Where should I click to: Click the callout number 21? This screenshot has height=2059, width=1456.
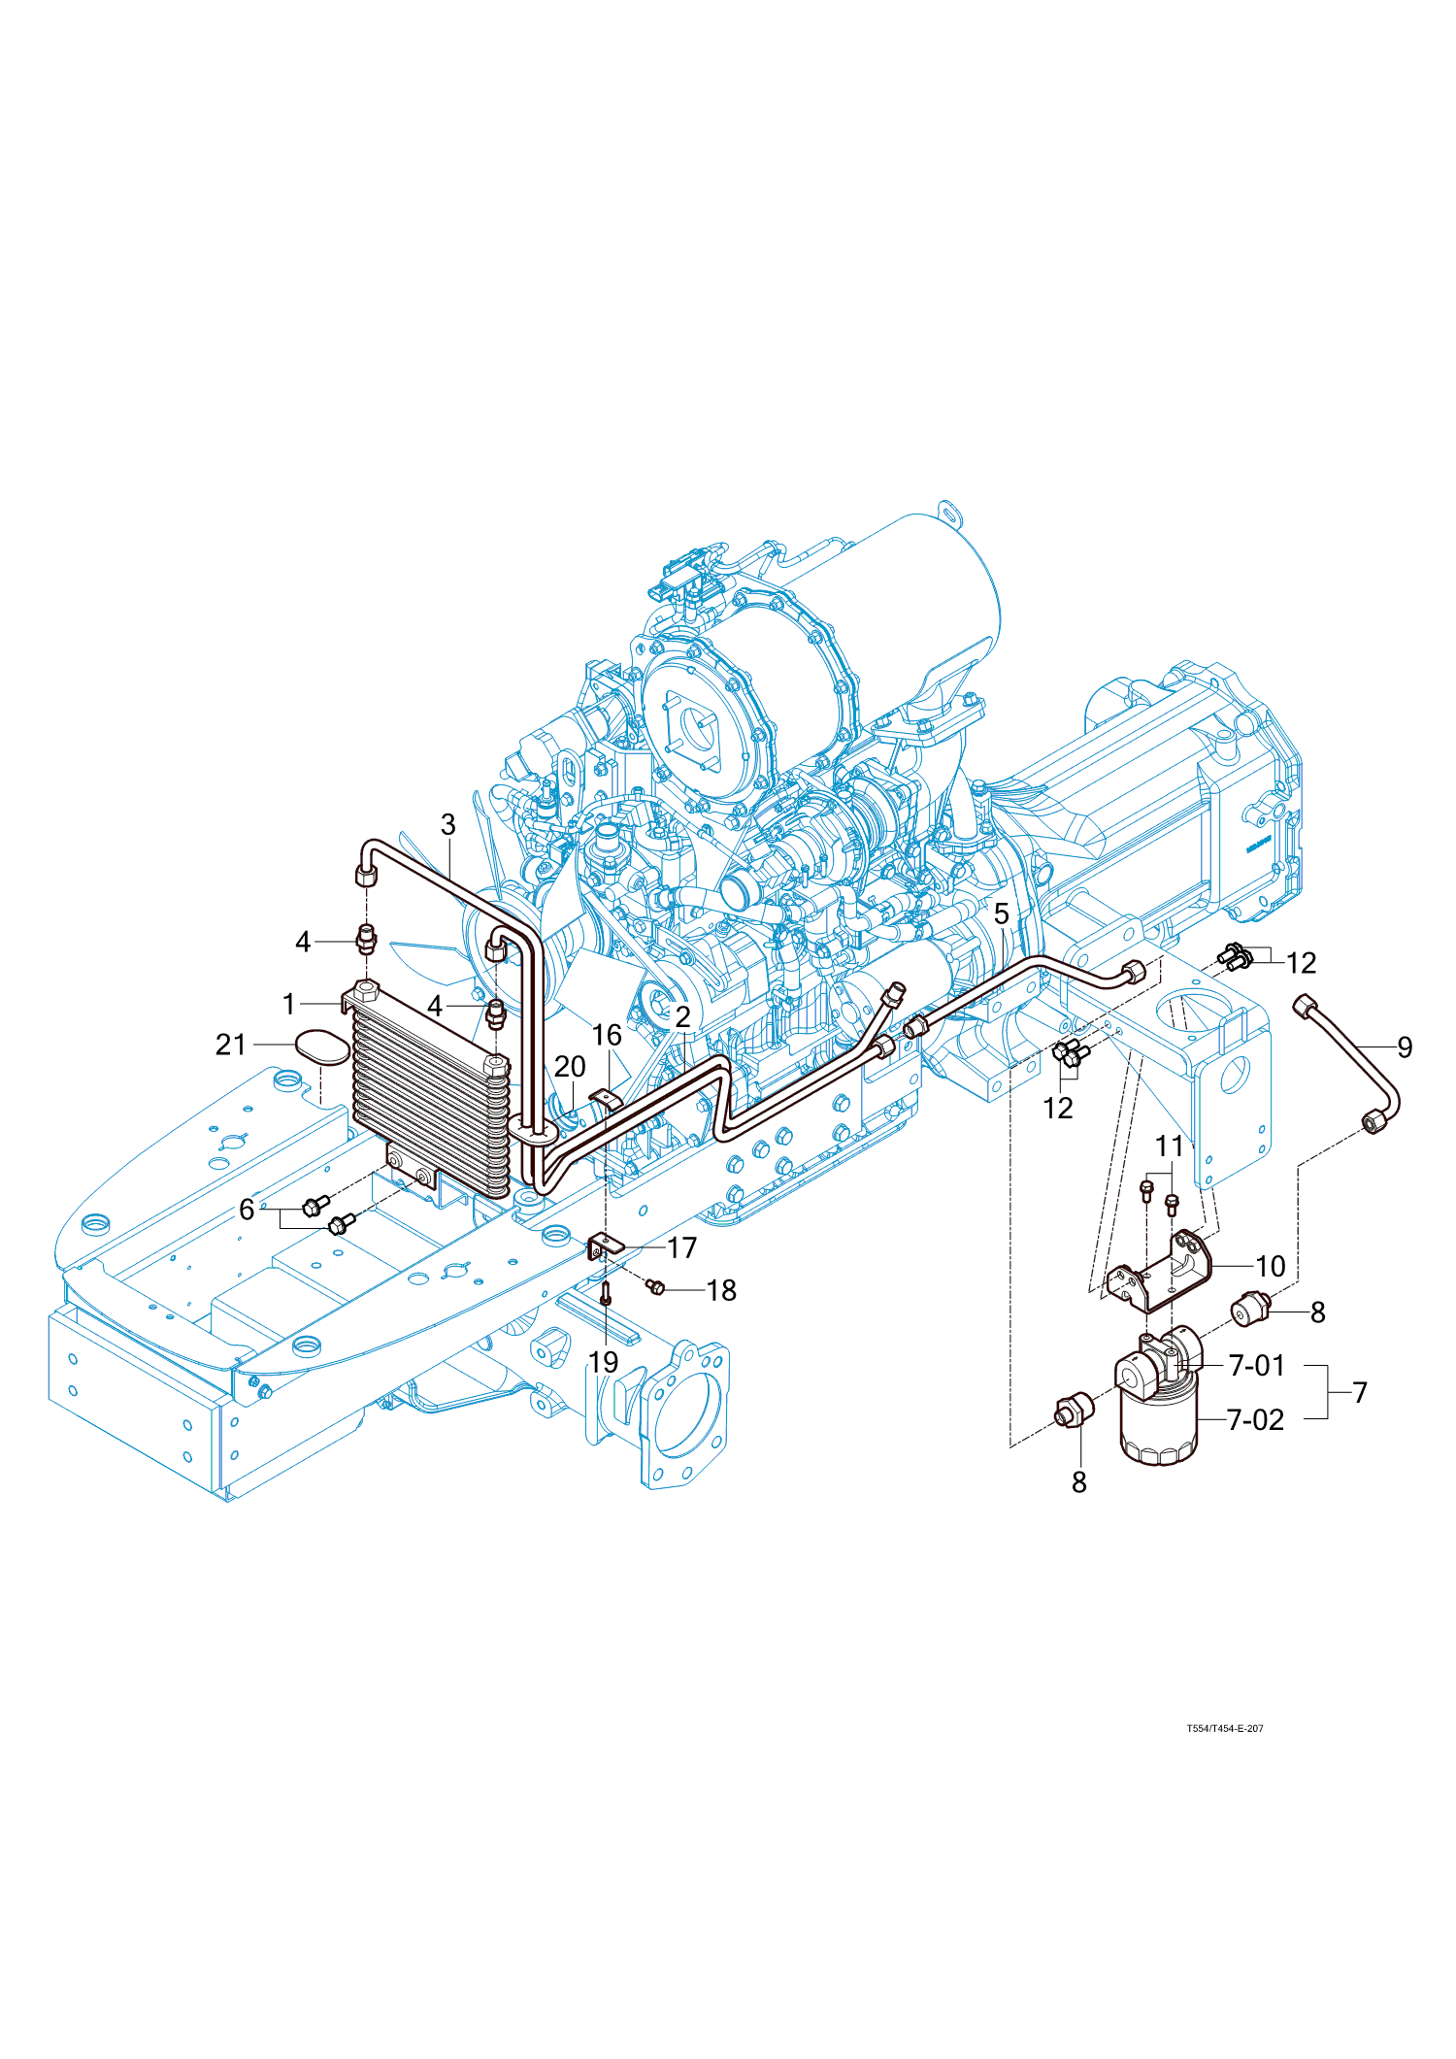pyautogui.click(x=231, y=1045)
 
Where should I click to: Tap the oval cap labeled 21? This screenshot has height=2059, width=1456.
pyautogui.click(x=321, y=1046)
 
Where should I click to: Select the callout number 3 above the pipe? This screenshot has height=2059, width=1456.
pyautogui.click(x=447, y=825)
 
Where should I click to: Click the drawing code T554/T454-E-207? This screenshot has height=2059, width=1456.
pyautogui.click(x=1224, y=1729)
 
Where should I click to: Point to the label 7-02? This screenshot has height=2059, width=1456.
pyautogui.click(x=1255, y=1420)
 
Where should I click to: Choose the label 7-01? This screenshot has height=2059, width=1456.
pyautogui.click(x=1256, y=1366)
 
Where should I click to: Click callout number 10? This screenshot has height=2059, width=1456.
pyautogui.click(x=1270, y=1267)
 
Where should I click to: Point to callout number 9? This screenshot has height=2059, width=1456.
pyautogui.click(x=1404, y=1047)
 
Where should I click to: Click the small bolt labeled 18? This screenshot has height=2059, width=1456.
pyautogui.click(x=655, y=1287)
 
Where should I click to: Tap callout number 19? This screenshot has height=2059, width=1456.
pyautogui.click(x=604, y=1362)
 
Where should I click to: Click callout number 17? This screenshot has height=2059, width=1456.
pyautogui.click(x=682, y=1247)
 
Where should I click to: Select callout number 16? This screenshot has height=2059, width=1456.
pyautogui.click(x=607, y=1035)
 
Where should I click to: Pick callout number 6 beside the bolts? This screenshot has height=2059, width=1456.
pyautogui.click(x=248, y=1210)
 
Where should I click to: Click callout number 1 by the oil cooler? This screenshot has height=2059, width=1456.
pyautogui.click(x=288, y=1004)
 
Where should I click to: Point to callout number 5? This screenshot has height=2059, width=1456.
pyautogui.click(x=1002, y=913)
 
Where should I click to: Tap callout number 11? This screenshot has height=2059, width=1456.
pyautogui.click(x=1170, y=1146)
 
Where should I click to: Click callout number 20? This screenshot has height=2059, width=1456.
pyautogui.click(x=570, y=1067)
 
